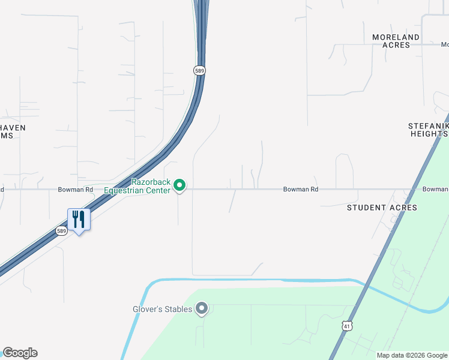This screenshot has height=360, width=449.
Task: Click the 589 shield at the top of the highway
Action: coord(200,70)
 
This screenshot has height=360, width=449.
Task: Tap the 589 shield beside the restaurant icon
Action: coord(61,230)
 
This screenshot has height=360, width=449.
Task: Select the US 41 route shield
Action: coord(347,326)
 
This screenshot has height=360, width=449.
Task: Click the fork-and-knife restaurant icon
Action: coord(79,220)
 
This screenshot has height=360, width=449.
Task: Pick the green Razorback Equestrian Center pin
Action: coord(179,186)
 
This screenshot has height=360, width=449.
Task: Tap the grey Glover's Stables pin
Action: coord(202,309)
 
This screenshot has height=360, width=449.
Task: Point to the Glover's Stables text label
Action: coord(163,309)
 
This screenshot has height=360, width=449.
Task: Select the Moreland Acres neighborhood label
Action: coord(396,41)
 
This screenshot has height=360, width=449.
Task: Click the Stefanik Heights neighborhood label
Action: coord(427,130)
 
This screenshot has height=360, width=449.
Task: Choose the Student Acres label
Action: coord(382,208)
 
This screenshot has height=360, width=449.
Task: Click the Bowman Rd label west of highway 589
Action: coord(76,190)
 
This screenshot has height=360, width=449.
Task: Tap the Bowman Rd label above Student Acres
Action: coord(301,190)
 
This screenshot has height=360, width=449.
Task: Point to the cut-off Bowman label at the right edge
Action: coord(435,190)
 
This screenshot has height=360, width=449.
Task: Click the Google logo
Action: coord(20,353)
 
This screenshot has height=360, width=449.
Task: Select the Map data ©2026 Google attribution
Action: coord(412,355)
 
